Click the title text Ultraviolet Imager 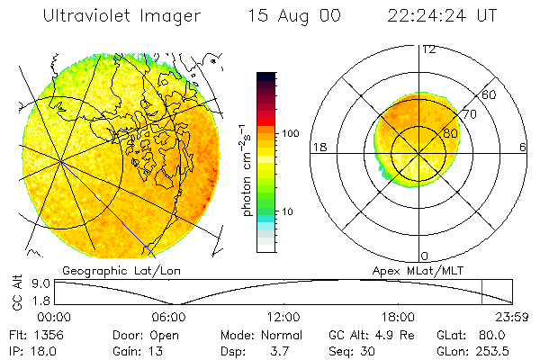(121, 17)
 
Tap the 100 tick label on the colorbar (292, 133)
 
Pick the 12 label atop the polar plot (429, 49)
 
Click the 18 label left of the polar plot (318, 148)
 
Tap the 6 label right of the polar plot (523, 148)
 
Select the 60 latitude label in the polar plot (490, 94)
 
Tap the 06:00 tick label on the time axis (169, 317)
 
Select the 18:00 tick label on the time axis (399, 317)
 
